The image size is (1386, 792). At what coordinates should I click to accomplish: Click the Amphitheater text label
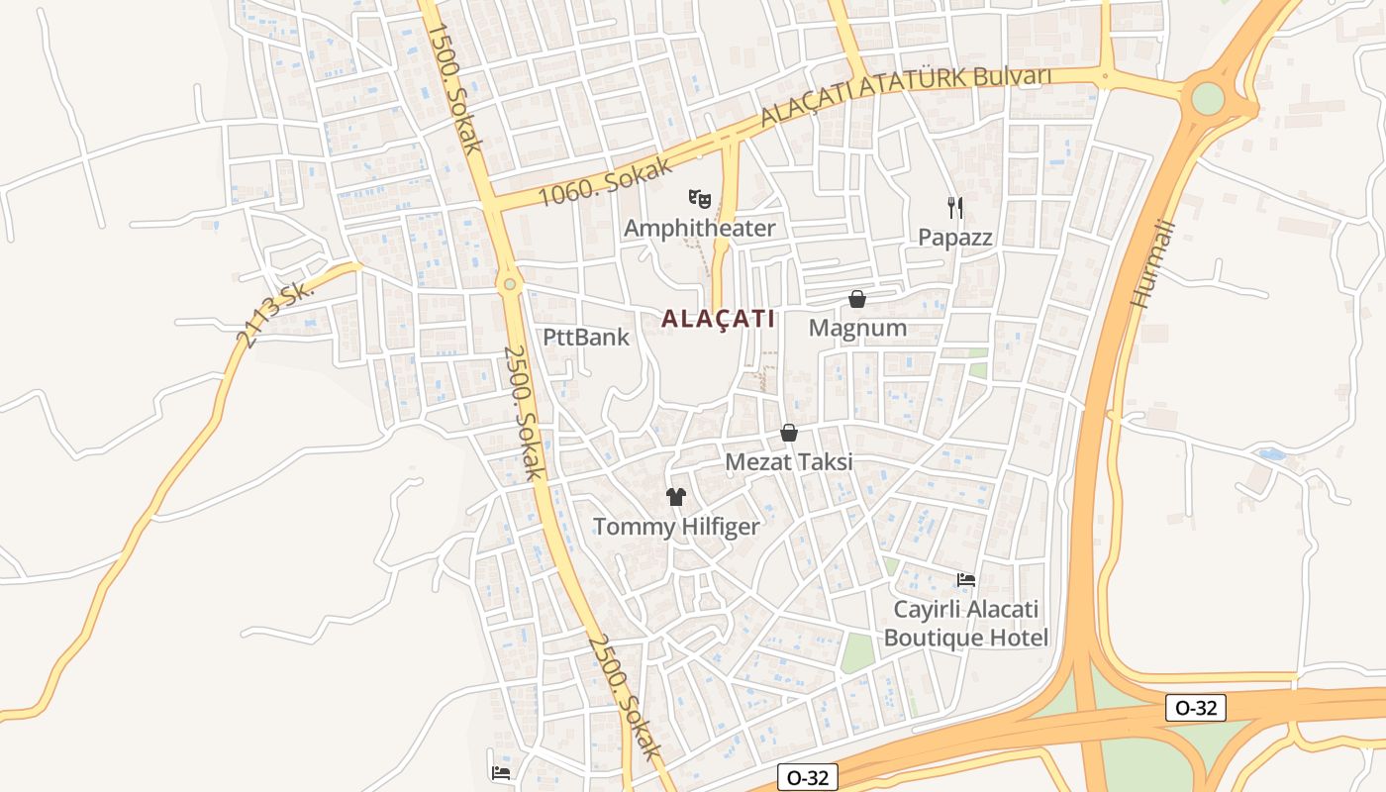(x=700, y=229)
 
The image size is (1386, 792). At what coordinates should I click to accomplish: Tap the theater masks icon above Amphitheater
(x=700, y=199)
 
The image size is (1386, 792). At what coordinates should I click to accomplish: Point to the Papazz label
(x=954, y=238)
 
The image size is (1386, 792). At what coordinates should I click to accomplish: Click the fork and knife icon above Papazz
(x=954, y=208)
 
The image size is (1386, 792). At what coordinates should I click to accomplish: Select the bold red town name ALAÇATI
(x=718, y=319)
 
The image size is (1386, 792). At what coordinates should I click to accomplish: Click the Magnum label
(x=857, y=328)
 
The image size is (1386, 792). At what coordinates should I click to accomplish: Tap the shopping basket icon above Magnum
(x=857, y=299)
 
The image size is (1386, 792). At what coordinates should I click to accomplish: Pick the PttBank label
(x=586, y=337)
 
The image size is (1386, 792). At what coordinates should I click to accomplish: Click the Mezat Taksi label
(x=789, y=462)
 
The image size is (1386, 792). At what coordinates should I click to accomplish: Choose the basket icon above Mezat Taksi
(x=789, y=433)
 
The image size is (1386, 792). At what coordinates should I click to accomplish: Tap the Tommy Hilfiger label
(x=676, y=527)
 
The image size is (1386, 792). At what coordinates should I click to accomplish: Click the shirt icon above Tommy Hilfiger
(x=676, y=497)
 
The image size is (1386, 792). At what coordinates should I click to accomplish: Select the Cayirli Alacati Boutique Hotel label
(x=966, y=624)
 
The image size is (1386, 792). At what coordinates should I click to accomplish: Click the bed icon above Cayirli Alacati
(x=966, y=579)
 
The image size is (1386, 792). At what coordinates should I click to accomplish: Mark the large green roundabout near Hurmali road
(x=1208, y=98)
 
